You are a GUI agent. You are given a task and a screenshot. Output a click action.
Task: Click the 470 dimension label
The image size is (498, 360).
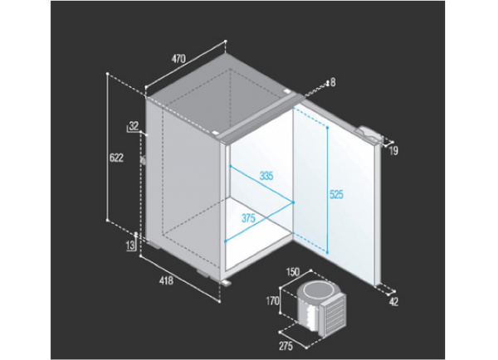point(178,59)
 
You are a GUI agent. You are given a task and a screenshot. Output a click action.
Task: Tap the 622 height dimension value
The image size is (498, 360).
point(116,158)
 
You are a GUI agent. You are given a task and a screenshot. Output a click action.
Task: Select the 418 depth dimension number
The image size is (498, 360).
point(167,280)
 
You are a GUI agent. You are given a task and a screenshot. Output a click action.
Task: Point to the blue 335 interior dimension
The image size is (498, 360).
point(266,175)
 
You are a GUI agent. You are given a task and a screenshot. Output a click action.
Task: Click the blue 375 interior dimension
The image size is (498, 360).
point(248,218)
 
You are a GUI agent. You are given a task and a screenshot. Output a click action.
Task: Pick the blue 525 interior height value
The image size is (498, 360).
point(336,194)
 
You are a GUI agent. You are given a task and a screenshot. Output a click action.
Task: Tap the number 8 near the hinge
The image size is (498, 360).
point(333,83)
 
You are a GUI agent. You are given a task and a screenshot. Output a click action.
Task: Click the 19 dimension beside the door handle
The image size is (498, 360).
point(393,151)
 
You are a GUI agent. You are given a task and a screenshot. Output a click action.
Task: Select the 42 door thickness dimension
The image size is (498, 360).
point(393,302)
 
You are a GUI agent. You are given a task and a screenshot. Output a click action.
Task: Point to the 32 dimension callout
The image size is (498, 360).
point(134,126)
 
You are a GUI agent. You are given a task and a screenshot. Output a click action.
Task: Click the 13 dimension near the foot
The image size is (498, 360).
point(130,246)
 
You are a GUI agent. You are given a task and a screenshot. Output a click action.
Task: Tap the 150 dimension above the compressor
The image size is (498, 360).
point(293,272)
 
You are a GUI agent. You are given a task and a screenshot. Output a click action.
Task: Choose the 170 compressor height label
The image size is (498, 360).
point(272,300)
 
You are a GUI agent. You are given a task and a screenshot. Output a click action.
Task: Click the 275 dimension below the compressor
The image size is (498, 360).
point(286,347)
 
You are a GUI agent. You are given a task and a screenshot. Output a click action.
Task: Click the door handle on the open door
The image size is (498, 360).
point(370,134)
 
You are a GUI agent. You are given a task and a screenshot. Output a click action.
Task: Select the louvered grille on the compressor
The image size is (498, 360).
point(334,315)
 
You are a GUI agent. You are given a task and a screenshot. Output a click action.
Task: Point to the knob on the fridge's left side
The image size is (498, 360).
point(144,161)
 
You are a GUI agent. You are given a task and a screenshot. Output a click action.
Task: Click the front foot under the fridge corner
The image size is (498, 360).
point(227,283)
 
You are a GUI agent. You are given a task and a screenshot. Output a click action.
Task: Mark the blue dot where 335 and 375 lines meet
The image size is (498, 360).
point(293,202)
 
